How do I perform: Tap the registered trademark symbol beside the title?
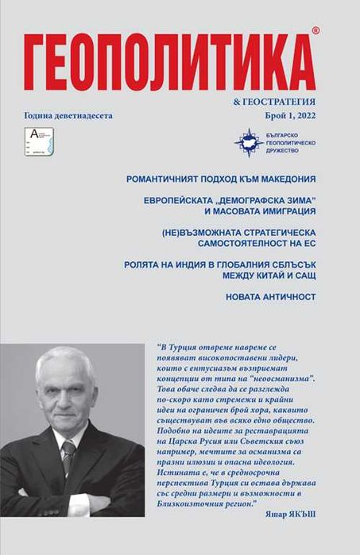pyautogui.click(x=315, y=29)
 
